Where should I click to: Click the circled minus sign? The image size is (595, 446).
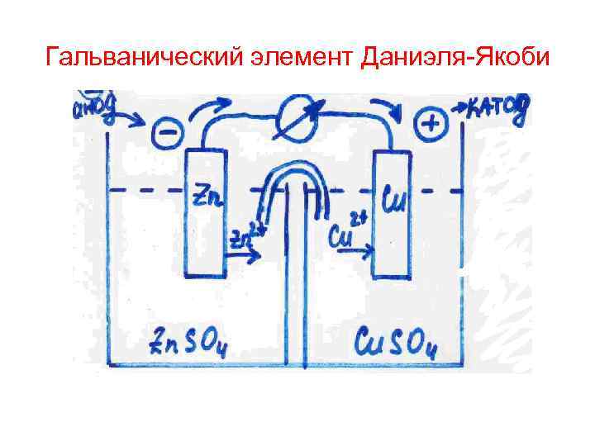[x=166, y=132]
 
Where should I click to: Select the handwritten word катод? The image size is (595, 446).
[x=496, y=108]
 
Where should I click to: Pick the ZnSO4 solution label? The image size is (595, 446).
[x=188, y=339]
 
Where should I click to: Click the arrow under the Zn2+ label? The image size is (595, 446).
[x=241, y=256]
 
